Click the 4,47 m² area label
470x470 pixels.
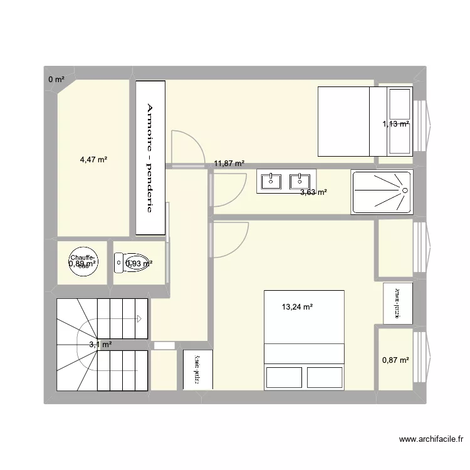click(93, 160)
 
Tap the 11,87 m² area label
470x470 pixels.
click(229, 164)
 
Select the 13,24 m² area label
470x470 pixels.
click(297, 307)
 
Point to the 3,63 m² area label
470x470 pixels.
click(313, 192)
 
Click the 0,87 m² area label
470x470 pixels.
click(395, 360)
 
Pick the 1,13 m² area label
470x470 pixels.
click(395, 124)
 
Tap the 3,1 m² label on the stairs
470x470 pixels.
click(100, 345)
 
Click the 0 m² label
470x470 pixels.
click(56, 80)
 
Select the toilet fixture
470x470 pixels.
click(132, 263)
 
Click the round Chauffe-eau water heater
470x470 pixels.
click(83, 262)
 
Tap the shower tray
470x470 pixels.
click(381, 192)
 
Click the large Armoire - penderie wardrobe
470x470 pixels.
click(150, 158)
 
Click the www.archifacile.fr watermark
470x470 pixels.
click(429, 439)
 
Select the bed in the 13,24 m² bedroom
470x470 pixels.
click(304, 340)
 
